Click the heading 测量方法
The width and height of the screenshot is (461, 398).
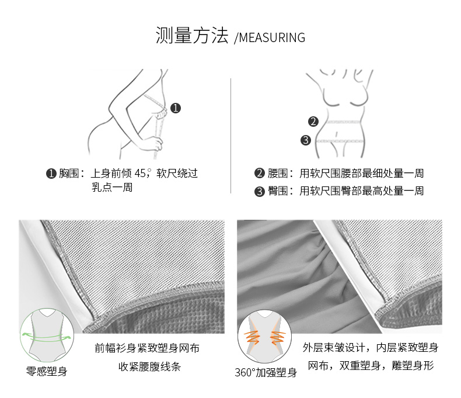coord(192,35)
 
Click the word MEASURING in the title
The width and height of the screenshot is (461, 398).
coord(273,37)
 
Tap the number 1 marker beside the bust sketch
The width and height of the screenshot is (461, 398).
coord(176,108)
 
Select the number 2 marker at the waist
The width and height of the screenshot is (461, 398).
coord(313,122)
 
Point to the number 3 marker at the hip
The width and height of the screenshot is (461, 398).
coord(306,140)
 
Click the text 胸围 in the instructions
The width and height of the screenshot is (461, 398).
coord(69,173)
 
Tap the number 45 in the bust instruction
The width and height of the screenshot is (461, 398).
coord(140,173)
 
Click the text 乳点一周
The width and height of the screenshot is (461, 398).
coord(112,187)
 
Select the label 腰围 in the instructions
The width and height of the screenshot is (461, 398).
coord(278,173)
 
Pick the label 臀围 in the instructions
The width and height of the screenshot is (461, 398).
coord(278,191)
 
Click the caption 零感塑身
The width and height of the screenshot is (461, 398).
coord(47,371)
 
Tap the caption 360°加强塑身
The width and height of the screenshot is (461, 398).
coord(266,372)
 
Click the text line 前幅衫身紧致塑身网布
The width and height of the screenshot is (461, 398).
coord(147,348)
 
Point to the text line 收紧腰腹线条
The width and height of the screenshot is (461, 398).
coord(149,366)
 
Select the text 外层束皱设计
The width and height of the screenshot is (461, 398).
coord(334,347)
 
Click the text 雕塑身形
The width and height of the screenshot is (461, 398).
coord(413,366)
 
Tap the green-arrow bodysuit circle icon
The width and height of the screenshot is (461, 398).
coord(47,335)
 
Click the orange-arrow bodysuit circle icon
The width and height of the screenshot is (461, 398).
coord(264,337)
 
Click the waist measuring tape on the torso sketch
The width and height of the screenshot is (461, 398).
coord(343,122)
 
